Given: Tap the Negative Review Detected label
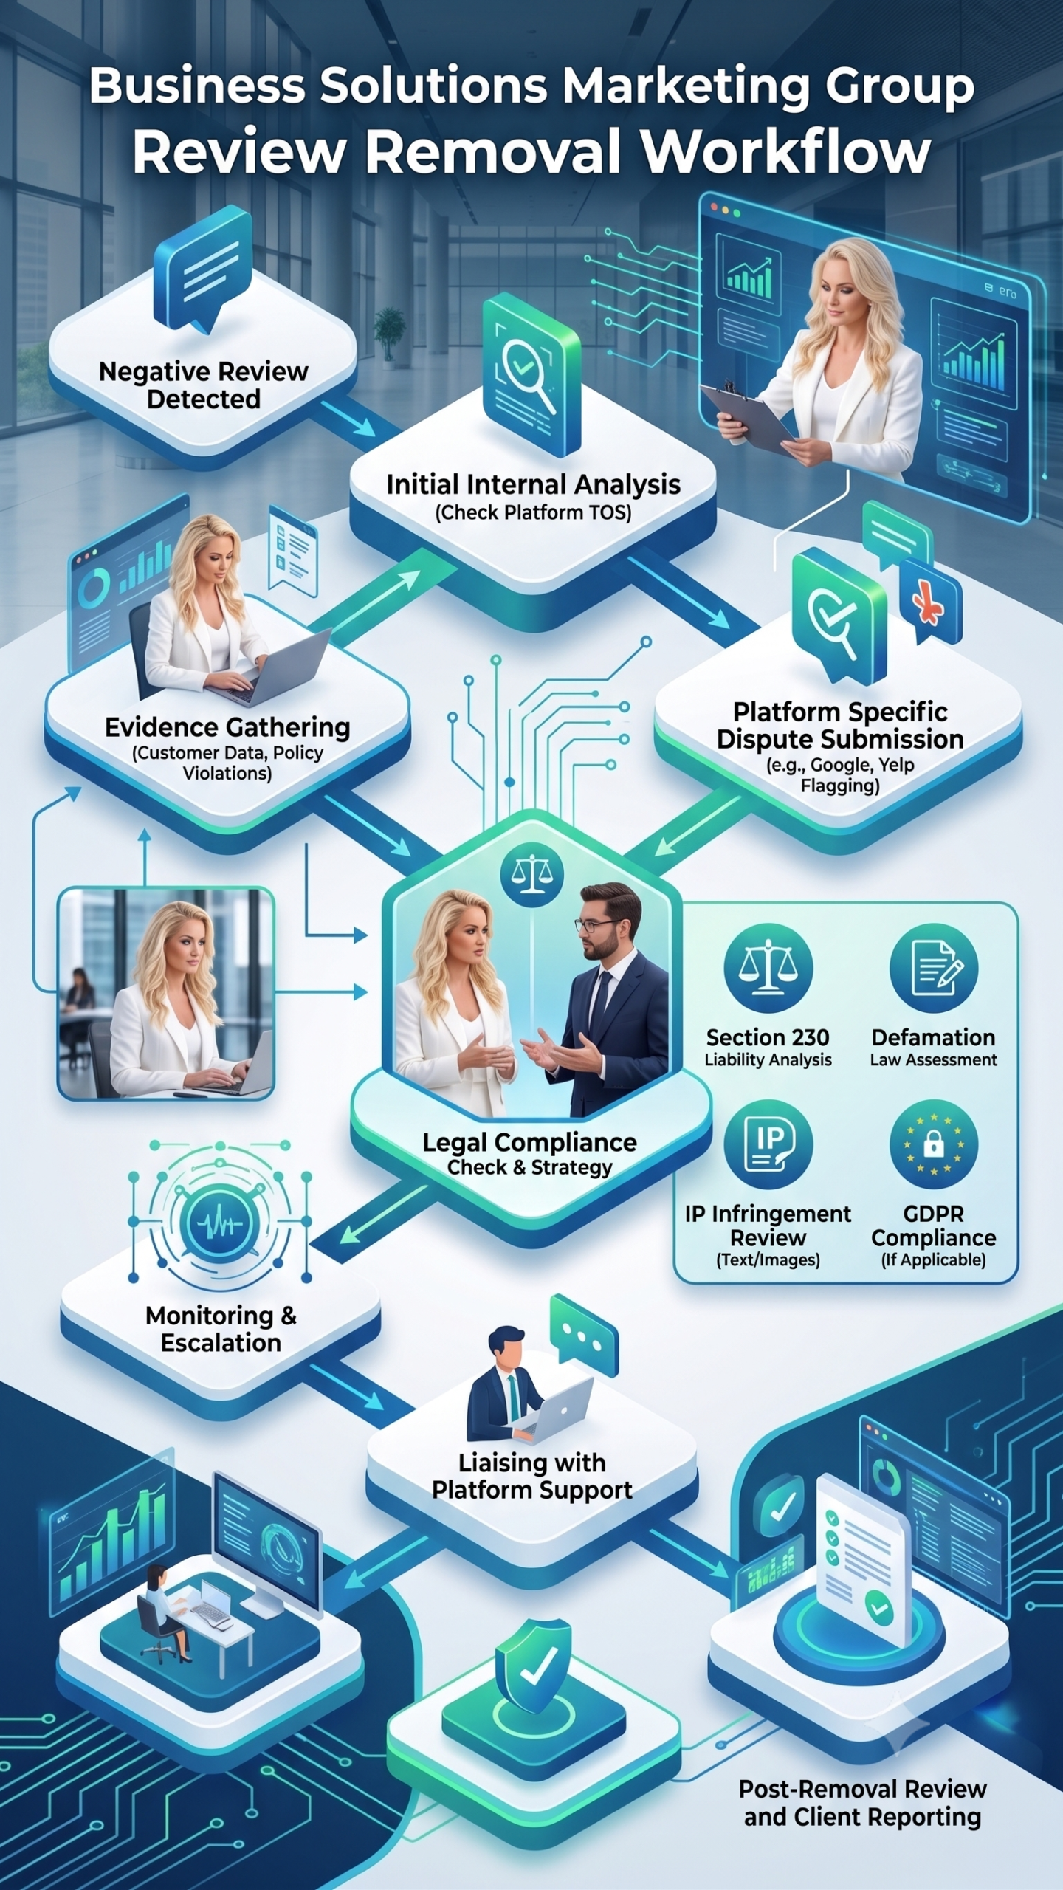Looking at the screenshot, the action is click(204, 385).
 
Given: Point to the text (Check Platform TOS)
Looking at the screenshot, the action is click(533, 512).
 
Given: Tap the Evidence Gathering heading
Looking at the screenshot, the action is click(227, 727).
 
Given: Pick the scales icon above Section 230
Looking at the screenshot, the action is click(768, 968).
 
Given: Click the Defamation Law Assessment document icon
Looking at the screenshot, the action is click(934, 968).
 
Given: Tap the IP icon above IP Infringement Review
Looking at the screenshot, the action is click(768, 1144).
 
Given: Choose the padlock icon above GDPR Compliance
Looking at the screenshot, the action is click(934, 1144).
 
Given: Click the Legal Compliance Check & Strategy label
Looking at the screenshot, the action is click(530, 1154).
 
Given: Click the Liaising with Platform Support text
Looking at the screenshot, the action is click(531, 1476).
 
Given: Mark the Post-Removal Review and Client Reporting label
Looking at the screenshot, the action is click(862, 1802).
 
